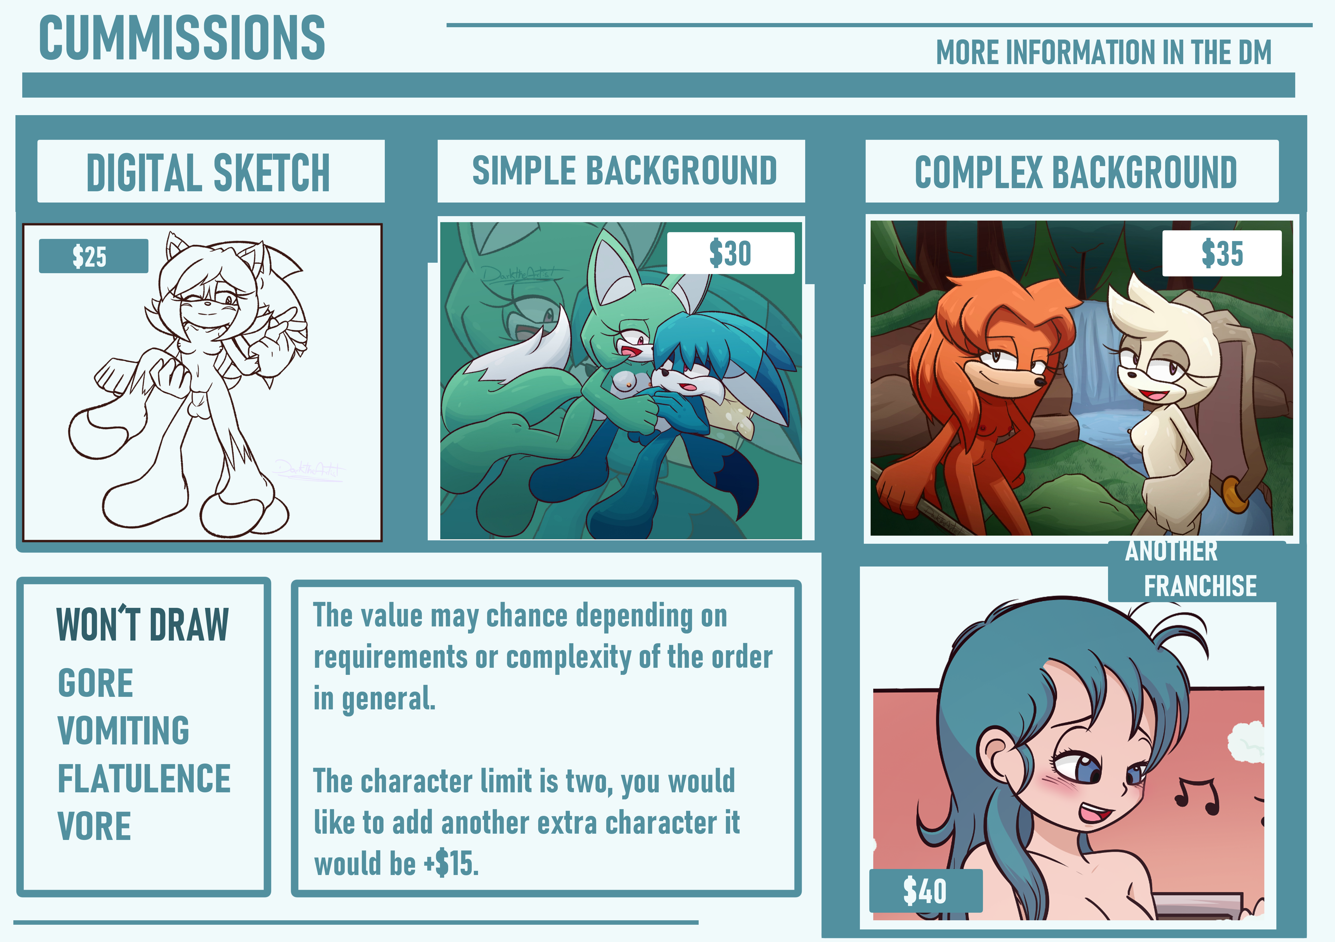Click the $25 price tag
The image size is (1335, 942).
(93, 256)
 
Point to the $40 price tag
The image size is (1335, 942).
(926, 891)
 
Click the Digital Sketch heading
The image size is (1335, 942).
(208, 173)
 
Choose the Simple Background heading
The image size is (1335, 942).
(624, 171)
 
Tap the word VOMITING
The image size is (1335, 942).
(123, 731)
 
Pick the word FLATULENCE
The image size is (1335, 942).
(144, 779)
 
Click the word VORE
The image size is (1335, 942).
(94, 826)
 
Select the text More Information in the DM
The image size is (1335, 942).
(1104, 52)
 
